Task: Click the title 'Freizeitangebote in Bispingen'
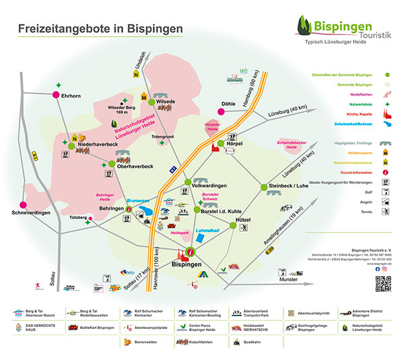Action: point(100,29)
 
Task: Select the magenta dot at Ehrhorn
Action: point(56,95)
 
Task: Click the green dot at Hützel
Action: point(233,226)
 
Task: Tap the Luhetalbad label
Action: point(207,231)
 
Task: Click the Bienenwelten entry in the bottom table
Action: point(147,342)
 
